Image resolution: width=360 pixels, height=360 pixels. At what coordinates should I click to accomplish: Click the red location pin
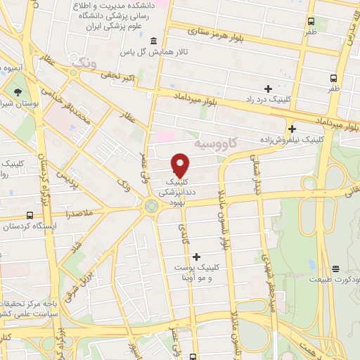coord(180,165)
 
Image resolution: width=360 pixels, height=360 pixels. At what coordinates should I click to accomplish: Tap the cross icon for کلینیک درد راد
coord(267,89)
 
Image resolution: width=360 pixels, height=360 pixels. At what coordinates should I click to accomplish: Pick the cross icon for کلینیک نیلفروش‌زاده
coord(291,129)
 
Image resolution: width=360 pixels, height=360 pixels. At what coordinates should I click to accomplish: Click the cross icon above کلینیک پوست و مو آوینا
coord(196,257)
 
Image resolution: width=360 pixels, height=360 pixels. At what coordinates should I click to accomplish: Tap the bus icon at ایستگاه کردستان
coord(30,214)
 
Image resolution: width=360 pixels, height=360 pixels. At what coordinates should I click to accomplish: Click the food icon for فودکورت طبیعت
coord(336,268)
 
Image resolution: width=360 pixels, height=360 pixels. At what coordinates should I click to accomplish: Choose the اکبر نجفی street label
coord(112,75)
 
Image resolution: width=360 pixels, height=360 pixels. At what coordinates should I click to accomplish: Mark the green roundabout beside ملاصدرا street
coord(150,205)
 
